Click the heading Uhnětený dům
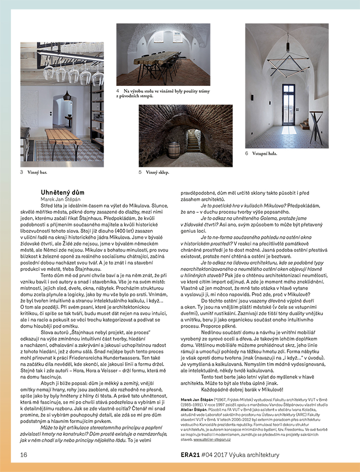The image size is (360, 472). click(62, 192)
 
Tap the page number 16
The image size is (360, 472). click(23, 455)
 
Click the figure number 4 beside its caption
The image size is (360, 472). click(118, 91)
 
